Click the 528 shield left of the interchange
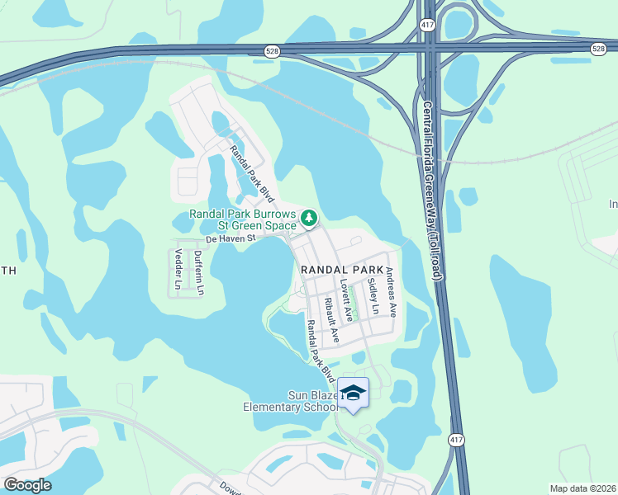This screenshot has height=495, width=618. point(272,51)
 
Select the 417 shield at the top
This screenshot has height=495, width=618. point(426,26)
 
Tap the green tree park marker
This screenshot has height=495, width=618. point(309,218)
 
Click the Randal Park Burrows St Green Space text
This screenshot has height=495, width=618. point(242,219)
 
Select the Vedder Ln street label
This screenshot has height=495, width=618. point(178,268)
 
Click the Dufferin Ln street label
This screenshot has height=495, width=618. point(198,272)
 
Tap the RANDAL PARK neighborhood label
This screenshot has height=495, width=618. point(341,270)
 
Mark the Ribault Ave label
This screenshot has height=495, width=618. point(332,320)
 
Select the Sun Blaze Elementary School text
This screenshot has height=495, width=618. point(290,401)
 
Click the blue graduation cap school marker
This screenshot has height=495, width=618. point(354,393)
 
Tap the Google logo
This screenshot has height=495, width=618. point(27,485)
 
